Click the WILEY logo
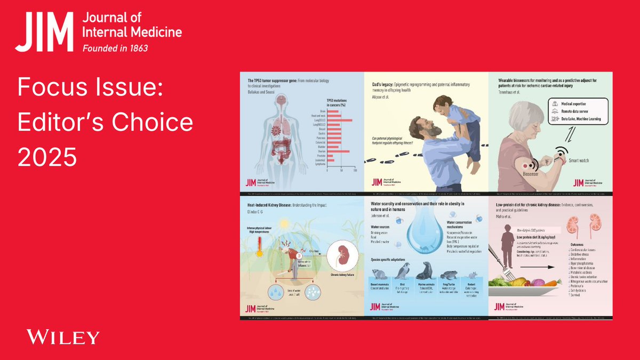click(x=63, y=337)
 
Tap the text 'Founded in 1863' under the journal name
click(x=115, y=48)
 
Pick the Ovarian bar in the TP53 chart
click(x=338, y=151)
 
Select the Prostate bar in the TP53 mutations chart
click(x=331, y=156)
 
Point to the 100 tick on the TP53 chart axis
click(x=355, y=170)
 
